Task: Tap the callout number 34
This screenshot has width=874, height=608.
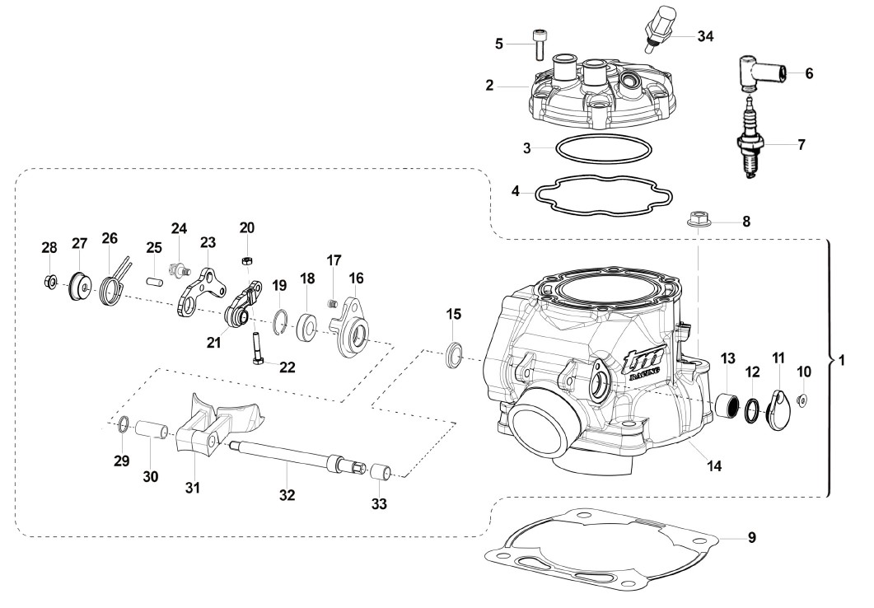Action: [705, 36]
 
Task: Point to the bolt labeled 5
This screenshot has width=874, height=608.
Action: [540, 44]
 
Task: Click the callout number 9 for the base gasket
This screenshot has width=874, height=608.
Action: [751, 538]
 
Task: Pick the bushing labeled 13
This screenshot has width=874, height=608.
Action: [728, 403]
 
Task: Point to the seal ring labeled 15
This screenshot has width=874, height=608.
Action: [456, 354]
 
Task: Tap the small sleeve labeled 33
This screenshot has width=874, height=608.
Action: [380, 470]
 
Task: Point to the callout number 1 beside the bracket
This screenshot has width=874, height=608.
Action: [842, 361]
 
